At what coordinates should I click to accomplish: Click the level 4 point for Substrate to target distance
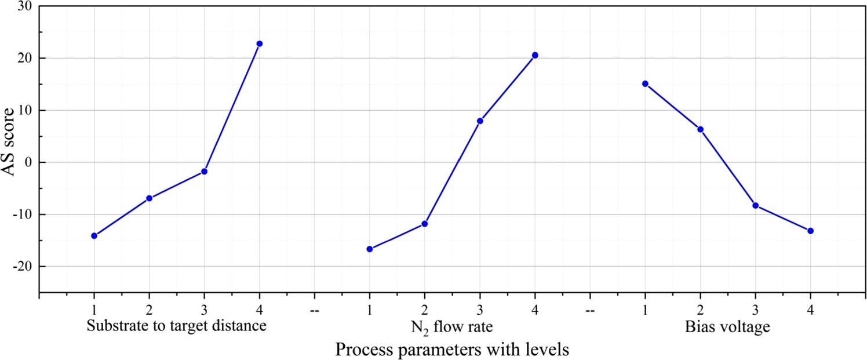pos(259,43)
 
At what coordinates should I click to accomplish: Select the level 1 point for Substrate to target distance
pos(94,235)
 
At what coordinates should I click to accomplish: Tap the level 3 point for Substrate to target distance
pos(204,172)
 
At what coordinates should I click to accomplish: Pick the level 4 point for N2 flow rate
pos(535,55)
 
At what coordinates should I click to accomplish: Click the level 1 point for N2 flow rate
pos(370,249)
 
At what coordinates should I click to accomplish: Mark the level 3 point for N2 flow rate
pos(480,121)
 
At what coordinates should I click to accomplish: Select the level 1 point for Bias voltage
pos(645,83)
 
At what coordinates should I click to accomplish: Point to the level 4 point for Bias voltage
pos(810,231)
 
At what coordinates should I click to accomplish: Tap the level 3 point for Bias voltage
pos(755,205)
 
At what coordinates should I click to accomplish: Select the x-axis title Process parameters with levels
pos(453,350)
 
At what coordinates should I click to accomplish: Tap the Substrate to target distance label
pos(176,326)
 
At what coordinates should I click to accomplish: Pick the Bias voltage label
pos(727,327)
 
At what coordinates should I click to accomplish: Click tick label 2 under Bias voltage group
pos(700,310)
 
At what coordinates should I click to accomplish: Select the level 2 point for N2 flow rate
pos(424,223)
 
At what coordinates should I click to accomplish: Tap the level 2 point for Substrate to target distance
pos(149,198)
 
